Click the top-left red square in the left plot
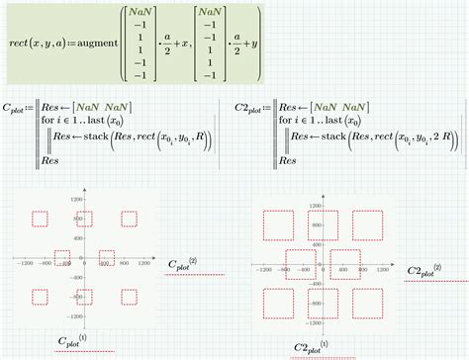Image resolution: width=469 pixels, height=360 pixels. coord(41,220)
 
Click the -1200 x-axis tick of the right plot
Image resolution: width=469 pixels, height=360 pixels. coord(264,270)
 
